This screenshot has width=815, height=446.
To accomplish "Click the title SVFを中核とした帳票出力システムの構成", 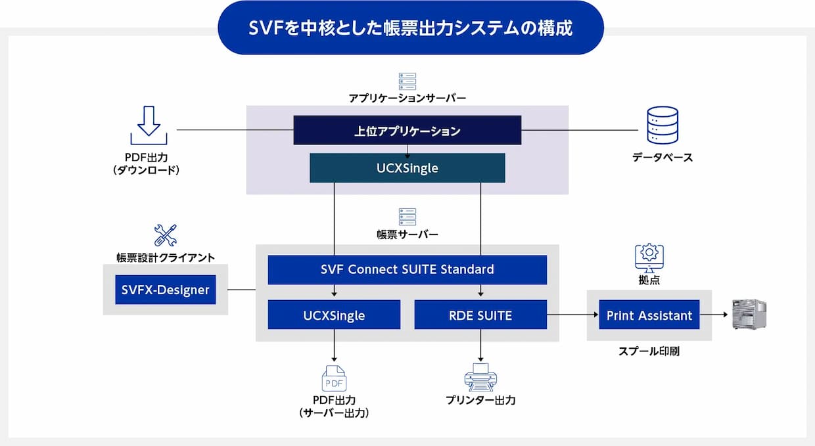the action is [x=410, y=28].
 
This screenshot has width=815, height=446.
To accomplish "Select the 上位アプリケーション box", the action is [x=407, y=130].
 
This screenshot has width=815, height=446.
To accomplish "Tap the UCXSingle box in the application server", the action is [x=407, y=168].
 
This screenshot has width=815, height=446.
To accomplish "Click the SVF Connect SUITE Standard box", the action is [x=407, y=270].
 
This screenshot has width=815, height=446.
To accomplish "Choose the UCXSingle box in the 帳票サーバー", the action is [x=334, y=315].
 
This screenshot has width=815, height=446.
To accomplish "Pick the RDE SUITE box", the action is [x=480, y=315].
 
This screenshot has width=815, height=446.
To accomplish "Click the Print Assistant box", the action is [x=649, y=315].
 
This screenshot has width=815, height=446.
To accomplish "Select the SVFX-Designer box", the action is [x=165, y=290].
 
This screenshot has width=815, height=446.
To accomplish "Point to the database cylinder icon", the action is [x=663, y=125].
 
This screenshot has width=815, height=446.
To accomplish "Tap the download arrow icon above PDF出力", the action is [x=149, y=125].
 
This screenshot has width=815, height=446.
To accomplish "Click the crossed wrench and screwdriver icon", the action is [x=166, y=235].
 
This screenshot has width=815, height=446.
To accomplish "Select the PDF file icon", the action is [x=334, y=378].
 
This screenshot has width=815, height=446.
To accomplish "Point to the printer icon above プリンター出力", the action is [x=480, y=378].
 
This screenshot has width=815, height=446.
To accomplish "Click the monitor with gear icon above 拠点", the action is [x=649, y=258].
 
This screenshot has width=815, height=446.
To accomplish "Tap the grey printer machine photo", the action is [x=749, y=315].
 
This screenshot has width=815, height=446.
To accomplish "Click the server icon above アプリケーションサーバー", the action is [x=407, y=81].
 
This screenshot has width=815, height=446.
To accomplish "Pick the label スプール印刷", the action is [x=649, y=351].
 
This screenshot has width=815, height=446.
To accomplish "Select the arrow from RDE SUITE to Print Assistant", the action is [x=572, y=315].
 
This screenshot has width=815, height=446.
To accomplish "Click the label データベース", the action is [x=663, y=158].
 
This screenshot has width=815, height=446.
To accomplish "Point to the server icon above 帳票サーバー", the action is [x=407, y=217].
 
